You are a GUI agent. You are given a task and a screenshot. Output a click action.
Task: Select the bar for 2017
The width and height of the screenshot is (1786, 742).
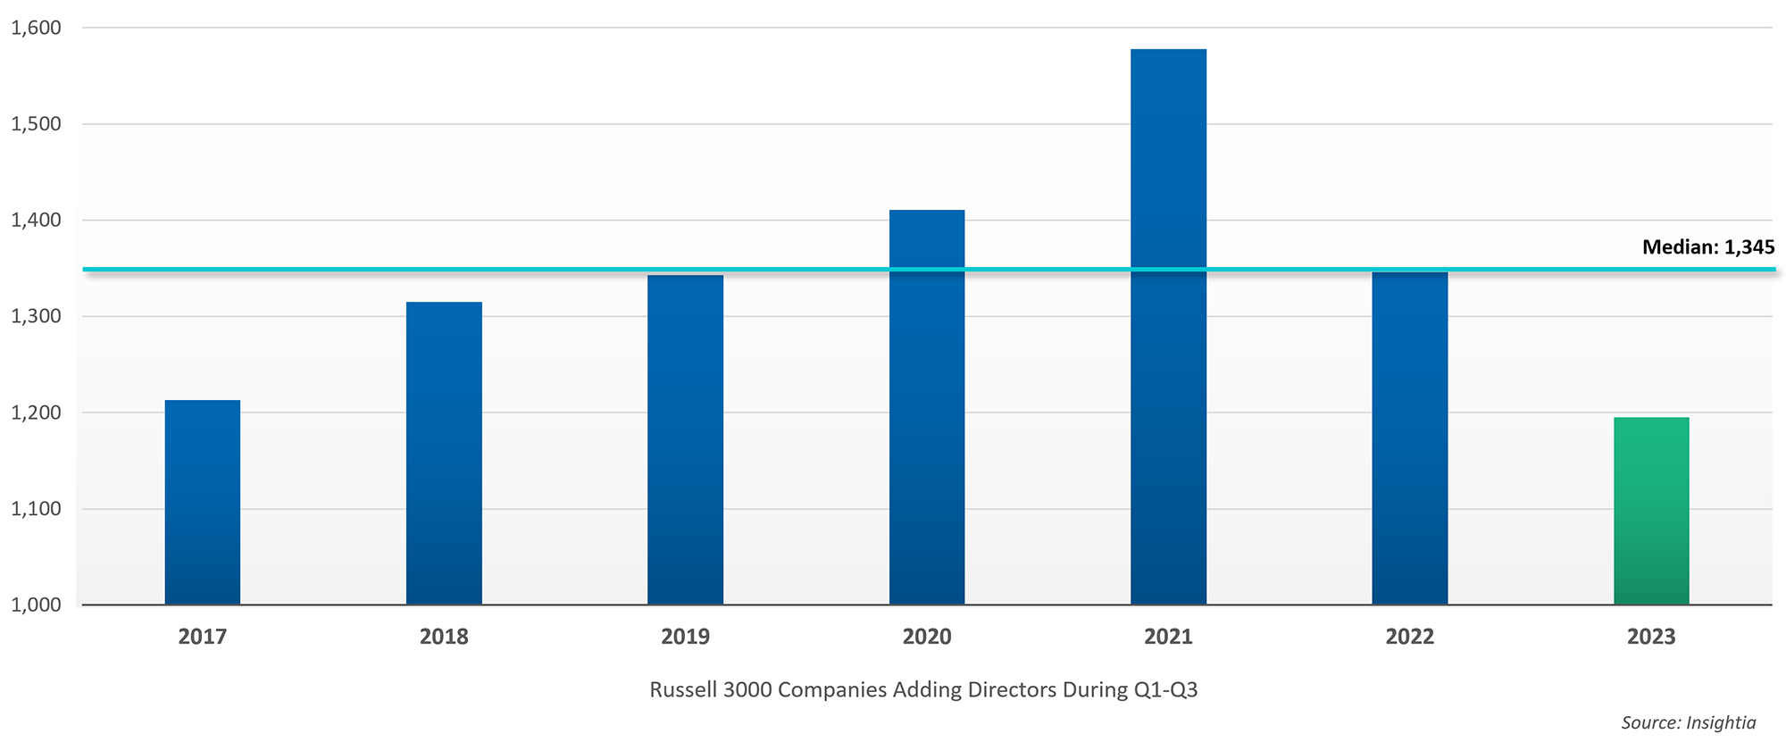click(x=203, y=502)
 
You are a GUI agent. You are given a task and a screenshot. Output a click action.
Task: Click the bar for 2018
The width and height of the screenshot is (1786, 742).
click(x=444, y=453)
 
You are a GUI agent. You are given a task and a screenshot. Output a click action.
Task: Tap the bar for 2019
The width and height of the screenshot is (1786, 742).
click(x=685, y=439)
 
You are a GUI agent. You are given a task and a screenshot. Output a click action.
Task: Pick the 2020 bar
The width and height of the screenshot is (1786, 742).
click(x=927, y=407)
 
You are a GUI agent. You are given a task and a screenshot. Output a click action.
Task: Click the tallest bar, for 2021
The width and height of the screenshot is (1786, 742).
click(x=1168, y=327)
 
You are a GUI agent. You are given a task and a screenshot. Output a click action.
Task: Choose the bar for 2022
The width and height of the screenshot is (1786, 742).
click(x=1409, y=438)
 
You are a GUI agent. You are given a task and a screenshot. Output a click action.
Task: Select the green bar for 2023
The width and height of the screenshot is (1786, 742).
click(x=1651, y=511)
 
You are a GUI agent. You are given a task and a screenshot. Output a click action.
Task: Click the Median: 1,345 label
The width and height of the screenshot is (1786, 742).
click(x=1707, y=247)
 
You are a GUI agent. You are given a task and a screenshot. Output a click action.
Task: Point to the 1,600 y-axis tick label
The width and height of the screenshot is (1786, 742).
click(x=36, y=28)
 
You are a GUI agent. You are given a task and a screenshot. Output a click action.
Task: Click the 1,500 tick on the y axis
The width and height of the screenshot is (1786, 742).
click(x=36, y=124)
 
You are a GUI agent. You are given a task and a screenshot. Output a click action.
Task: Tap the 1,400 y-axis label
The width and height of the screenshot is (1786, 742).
click(x=36, y=221)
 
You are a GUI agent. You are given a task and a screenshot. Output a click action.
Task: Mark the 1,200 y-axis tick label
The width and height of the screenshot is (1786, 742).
click(x=36, y=413)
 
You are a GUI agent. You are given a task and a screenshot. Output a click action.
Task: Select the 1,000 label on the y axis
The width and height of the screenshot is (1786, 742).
click(x=36, y=604)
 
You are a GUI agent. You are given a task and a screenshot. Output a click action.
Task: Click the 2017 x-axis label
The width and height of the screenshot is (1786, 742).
click(x=203, y=637)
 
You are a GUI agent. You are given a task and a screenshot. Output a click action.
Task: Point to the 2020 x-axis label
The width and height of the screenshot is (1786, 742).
click(x=927, y=637)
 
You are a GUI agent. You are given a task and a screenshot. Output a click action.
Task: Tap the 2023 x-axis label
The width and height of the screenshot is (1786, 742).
click(x=1651, y=637)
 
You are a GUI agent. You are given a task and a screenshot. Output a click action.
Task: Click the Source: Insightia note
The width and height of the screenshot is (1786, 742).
click(x=1688, y=722)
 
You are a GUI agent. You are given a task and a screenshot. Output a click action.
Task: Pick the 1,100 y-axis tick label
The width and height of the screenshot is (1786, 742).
click(x=36, y=509)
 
